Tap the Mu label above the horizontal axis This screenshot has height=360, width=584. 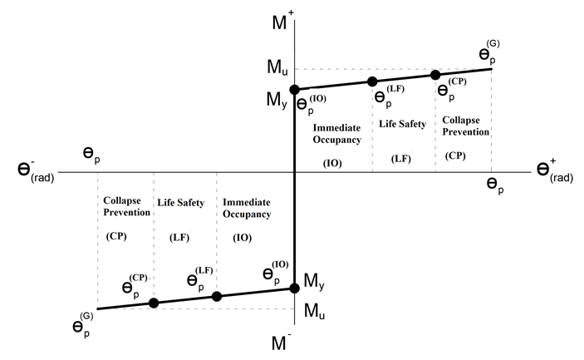tap(277, 68)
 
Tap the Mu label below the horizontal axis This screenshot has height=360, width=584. tap(314, 310)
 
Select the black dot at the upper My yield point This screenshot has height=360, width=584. tap(294, 89)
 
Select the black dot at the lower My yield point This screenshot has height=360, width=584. tap(294, 288)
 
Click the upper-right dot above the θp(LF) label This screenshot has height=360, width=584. tap(372, 81)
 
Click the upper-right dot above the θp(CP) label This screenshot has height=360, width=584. tap(435, 75)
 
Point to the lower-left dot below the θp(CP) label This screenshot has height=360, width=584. tap(154, 303)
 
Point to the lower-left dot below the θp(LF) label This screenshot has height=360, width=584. tap(217, 296)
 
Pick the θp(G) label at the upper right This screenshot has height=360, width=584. tap(488, 52)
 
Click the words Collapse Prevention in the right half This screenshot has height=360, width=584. tap(465, 126)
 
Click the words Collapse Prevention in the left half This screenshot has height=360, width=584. tap(126, 206)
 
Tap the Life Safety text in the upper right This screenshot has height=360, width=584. tap(403, 124)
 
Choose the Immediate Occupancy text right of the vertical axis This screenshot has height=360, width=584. tap(336, 134)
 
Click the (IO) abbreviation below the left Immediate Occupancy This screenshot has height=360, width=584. tap(242, 237)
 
